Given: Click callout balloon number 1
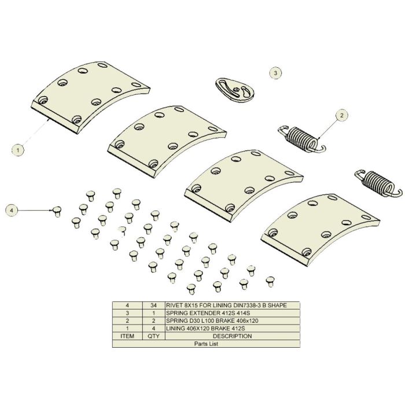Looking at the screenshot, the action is coord(18,150).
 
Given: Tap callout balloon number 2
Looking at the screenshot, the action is coord(342,115).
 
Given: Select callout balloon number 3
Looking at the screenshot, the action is coord(275,73).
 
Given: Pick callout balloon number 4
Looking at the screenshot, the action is coord(12,211).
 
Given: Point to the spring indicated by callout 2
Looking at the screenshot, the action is coord(301,139).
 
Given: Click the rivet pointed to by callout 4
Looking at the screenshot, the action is coord(57,211).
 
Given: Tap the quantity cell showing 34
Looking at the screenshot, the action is coord(153,305).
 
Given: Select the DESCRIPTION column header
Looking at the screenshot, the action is coord(232,336).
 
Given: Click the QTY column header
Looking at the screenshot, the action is coord(153,336).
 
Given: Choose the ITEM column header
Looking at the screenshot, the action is coord(127,336).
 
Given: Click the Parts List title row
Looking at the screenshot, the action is coord(206,344).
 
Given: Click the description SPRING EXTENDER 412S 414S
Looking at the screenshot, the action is coord(208,313).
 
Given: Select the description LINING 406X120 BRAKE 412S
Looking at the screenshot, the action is coord(205,329).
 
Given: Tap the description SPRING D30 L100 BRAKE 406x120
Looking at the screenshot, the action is coord(212,321).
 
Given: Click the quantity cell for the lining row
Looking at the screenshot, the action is coord(153,329).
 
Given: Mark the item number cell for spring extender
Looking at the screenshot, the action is coord(127,313).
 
